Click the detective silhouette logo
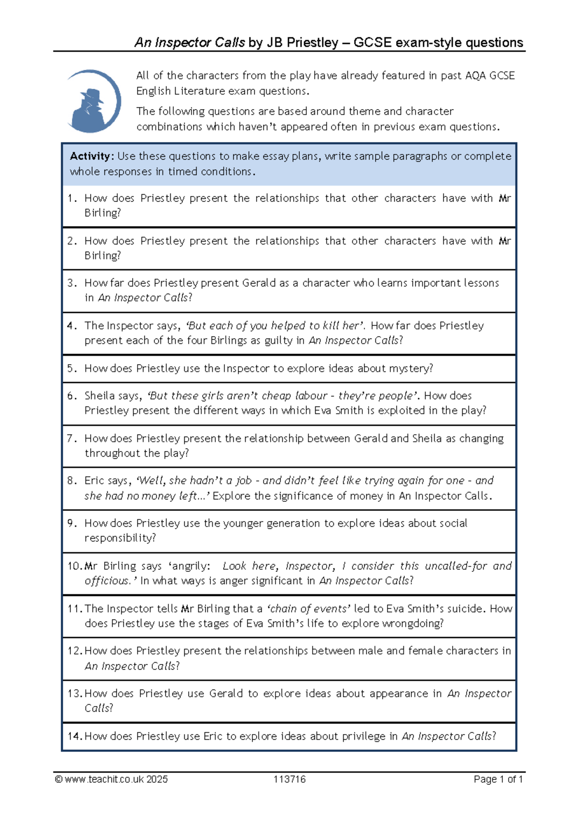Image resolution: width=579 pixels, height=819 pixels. click(94, 102)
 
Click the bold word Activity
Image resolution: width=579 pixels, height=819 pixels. click(91, 156)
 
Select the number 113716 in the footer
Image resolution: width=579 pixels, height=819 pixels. click(289, 779)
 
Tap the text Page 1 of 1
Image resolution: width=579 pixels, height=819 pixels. click(498, 779)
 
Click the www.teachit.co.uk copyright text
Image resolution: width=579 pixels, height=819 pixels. click(111, 779)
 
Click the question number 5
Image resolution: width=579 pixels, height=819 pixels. click(72, 368)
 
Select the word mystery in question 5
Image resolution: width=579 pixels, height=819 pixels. click(411, 368)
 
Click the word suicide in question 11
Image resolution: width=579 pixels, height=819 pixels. click(467, 608)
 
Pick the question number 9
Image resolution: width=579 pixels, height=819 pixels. click(72, 523)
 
